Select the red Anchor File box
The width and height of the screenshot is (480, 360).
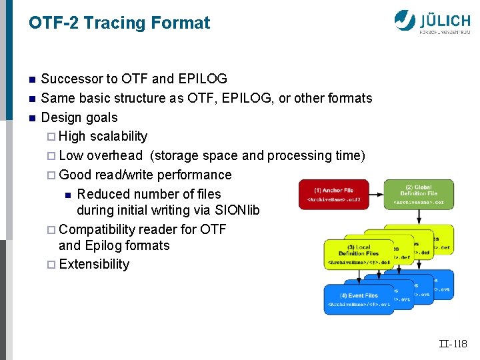pyautogui.click(x=333, y=194)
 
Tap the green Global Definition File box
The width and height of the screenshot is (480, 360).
pyautogui.click(x=419, y=194)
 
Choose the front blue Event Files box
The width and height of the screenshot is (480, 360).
pyautogui.click(x=359, y=299)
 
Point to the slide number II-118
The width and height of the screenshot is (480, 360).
pyautogui.click(x=453, y=344)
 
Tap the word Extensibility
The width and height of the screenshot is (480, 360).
pyautogui.click(x=94, y=265)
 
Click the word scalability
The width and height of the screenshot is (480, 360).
pyautogui.click(x=119, y=137)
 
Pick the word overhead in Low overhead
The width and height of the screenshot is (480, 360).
pyautogui.click(x=115, y=156)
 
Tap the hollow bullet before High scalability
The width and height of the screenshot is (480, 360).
pyautogui.click(x=53, y=137)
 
